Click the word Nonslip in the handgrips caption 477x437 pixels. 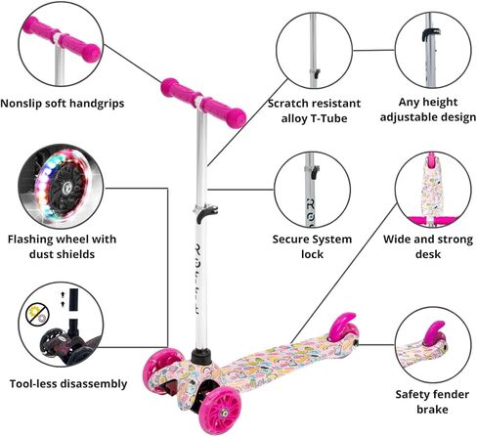click(x=22, y=104)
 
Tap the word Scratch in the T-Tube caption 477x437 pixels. click(x=287, y=104)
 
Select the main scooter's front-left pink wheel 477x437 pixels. click(x=159, y=370)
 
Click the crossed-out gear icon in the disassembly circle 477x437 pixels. click(x=37, y=315)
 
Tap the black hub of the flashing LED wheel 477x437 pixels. click(x=67, y=187)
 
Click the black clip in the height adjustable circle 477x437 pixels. click(x=430, y=35)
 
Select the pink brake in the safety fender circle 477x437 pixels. click(x=433, y=333)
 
